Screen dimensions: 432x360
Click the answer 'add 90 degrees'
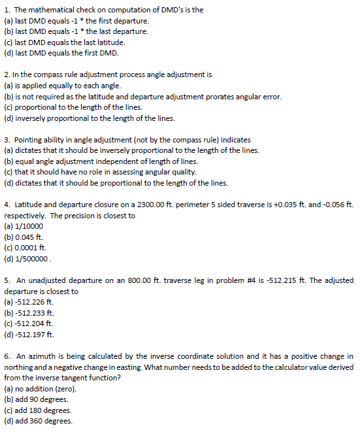41,399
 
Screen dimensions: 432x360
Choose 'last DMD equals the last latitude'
64,42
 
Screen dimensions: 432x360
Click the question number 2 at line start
6,75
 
